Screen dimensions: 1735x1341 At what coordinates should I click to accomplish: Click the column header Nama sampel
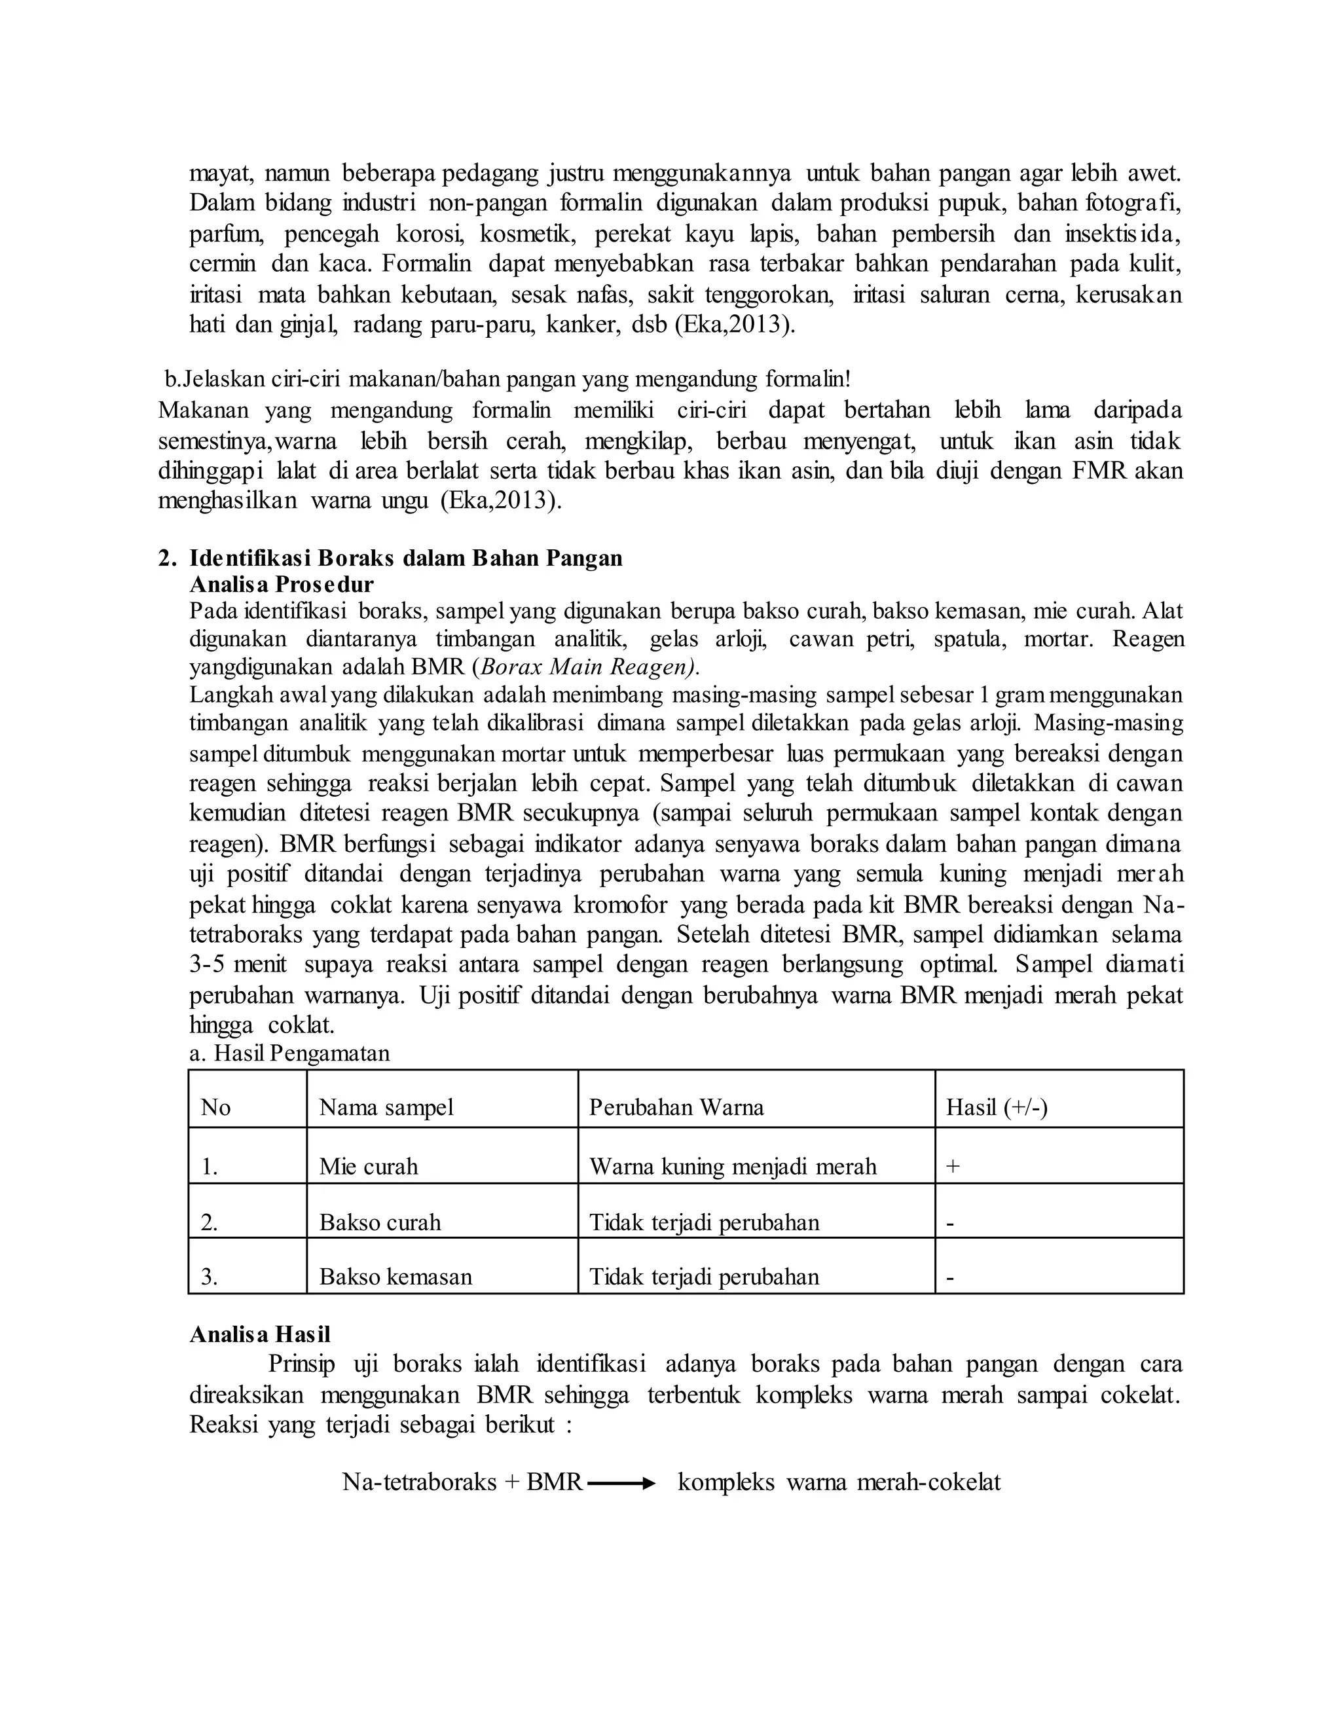(x=386, y=1107)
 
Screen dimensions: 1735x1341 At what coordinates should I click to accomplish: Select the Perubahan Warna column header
(x=676, y=1107)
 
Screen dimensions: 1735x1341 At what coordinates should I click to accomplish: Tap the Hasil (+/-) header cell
(x=996, y=1107)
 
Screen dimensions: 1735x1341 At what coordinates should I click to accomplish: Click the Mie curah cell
(x=369, y=1166)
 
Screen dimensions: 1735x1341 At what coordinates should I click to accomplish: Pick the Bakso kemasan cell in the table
(x=395, y=1277)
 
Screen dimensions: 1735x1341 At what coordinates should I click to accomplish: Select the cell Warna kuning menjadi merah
(x=733, y=1166)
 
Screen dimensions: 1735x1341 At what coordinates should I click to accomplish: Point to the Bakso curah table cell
(x=380, y=1222)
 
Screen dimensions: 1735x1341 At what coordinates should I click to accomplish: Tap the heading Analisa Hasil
(x=260, y=1334)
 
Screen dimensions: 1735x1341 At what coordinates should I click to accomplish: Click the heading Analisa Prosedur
(x=281, y=585)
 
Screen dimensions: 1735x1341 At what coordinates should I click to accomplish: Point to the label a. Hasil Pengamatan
(x=289, y=1053)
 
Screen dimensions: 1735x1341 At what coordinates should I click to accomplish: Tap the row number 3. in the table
(x=209, y=1277)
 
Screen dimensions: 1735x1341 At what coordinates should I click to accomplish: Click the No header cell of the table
(x=215, y=1107)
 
